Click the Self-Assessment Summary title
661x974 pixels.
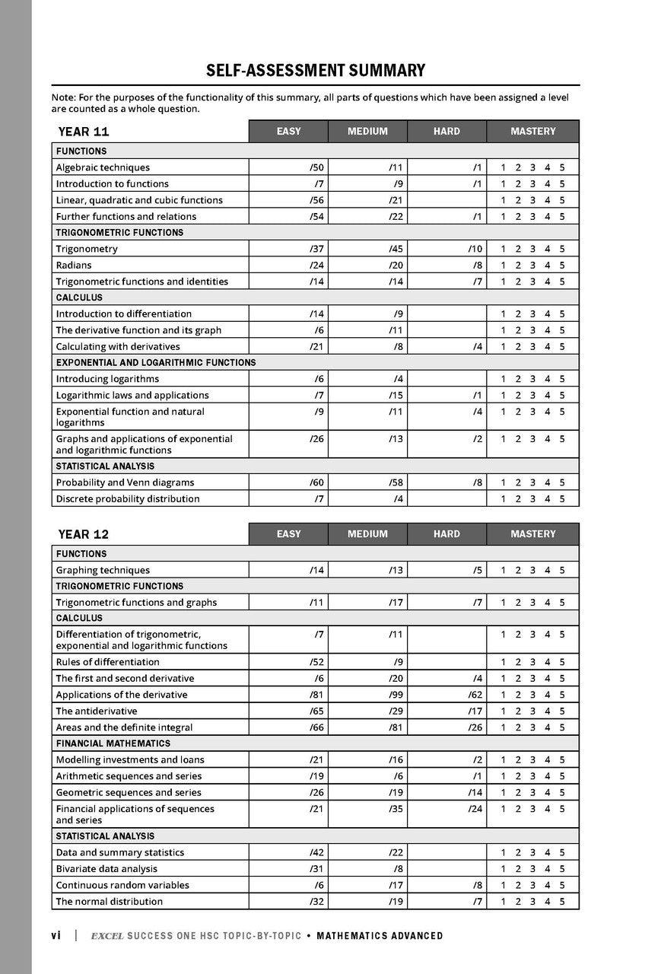pyautogui.click(x=316, y=71)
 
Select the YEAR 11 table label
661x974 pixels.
pyautogui.click(x=84, y=132)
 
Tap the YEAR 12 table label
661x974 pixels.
pyautogui.click(x=84, y=534)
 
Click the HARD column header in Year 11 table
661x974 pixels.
pyautogui.click(x=446, y=132)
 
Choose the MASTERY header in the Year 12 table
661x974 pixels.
pyautogui.click(x=532, y=534)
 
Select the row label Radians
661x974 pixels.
pyautogui.click(x=74, y=265)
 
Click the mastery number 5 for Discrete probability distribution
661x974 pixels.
pyautogui.click(x=562, y=499)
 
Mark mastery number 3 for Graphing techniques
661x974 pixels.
pyautogui.click(x=532, y=570)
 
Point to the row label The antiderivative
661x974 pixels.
pyautogui.click(x=97, y=711)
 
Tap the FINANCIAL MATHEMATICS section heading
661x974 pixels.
pyautogui.click(x=113, y=743)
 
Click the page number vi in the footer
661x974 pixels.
pyautogui.click(x=56, y=936)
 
